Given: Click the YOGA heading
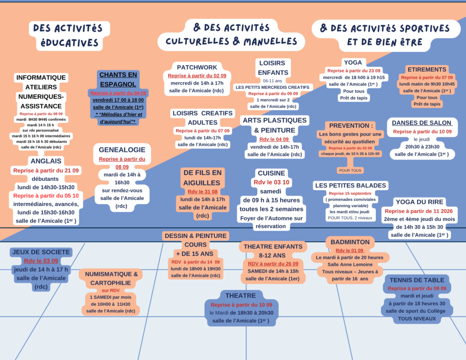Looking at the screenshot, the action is pyautogui.click(x=353, y=62).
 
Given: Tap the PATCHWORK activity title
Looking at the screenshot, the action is pyautogui.click(x=197, y=67).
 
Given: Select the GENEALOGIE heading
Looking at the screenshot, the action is pyautogui.click(x=122, y=150).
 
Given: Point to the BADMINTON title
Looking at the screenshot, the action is pyautogui.click(x=350, y=242).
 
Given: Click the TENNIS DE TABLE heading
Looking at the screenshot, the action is pyautogui.click(x=417, y=280).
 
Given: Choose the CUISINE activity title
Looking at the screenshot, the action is pyautogui.click(x=271, y=173).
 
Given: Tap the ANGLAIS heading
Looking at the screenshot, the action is pyautogui.click(x=46, y=161).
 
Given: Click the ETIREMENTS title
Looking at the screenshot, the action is pyautogui.click(x=427, y=69).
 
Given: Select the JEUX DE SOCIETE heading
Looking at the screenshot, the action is pyautogui.click(x=41, y=252).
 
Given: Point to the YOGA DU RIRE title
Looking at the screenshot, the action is pyautogui.click(x=419, y=202).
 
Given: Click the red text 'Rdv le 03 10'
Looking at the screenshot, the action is pyautogui.click(x=271, y=182).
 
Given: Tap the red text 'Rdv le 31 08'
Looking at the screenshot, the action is pyautogui.click(x=203, y=192).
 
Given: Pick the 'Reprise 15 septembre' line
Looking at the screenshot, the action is pyautogui.click(x=350, y=193).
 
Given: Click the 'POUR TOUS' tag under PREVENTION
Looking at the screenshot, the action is pyautogui.click(x=350, y=170).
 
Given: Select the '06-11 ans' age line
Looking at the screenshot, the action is pyautogui.click(x=273, y=81).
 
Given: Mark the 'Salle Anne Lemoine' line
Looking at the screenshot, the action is pyautogui.click(x=350, y=264).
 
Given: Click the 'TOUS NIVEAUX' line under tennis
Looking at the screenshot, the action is pyautogui.click(x=417, y=319).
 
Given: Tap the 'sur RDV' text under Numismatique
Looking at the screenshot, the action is pyautogui.click(x=111, y=290).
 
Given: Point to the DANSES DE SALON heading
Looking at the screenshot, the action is pyautogui.click(x=422, y=123).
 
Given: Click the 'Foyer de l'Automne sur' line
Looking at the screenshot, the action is pyautogui.click(x=271, y=218).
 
